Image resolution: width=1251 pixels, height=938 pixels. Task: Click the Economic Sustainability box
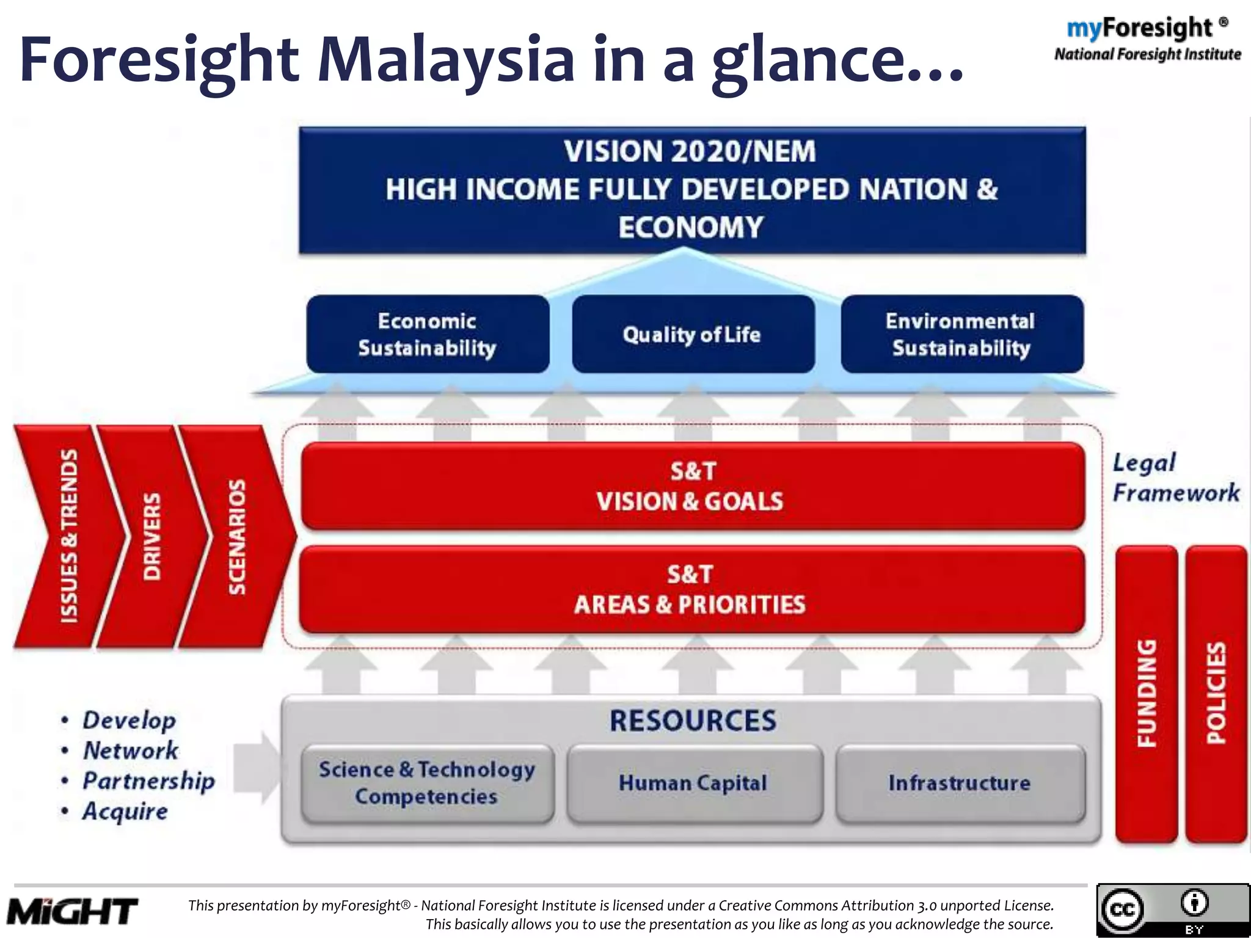click(x=427, y=334)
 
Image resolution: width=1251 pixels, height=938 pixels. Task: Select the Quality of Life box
click(x=692, y=334)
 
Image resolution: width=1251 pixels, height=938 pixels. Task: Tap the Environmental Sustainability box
click(x=961, y=334)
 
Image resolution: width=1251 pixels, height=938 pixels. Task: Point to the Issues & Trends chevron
click(x=69, y=536)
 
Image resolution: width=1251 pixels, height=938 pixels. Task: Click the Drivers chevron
click(x=151, y=536)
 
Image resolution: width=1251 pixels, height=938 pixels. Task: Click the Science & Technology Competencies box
click(x=427, y=783)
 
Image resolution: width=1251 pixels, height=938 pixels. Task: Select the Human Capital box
click(x=693, y=783)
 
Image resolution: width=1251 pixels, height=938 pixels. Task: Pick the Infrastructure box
click(x=959, y=783)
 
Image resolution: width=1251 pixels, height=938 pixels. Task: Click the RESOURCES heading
click(x=693, y=721)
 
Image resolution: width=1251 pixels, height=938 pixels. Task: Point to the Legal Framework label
click(x=1175, y=478)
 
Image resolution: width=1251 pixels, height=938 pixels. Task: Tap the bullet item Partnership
click(x=148, y=781)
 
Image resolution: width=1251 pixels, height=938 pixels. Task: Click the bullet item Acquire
click(x=125, y=812)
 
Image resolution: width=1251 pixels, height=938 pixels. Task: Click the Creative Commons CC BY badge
click(x=1172, y=910)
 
